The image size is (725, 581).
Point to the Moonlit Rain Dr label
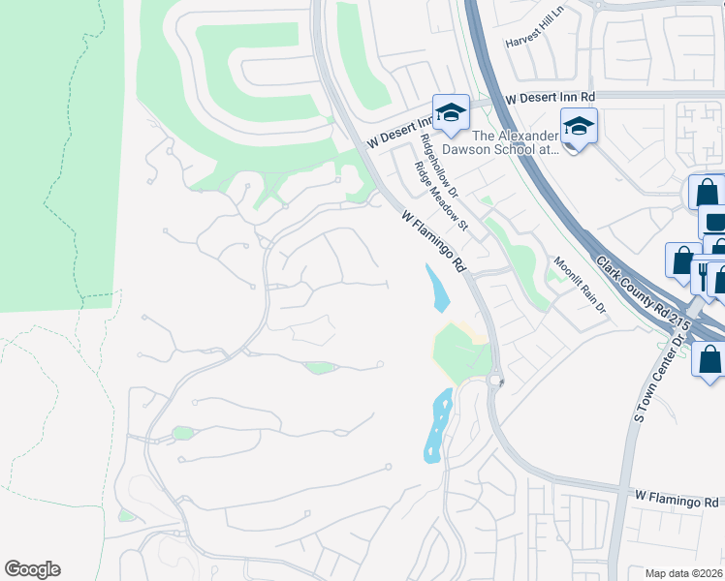tap(580, 287)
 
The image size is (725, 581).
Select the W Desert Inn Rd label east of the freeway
tap(551, 98)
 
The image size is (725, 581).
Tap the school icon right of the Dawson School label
tap(579, 126)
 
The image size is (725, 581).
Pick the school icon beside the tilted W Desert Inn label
tap(450, 112)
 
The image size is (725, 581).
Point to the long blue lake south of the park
tap(438, 426)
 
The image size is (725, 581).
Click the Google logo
tap(32, 569)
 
